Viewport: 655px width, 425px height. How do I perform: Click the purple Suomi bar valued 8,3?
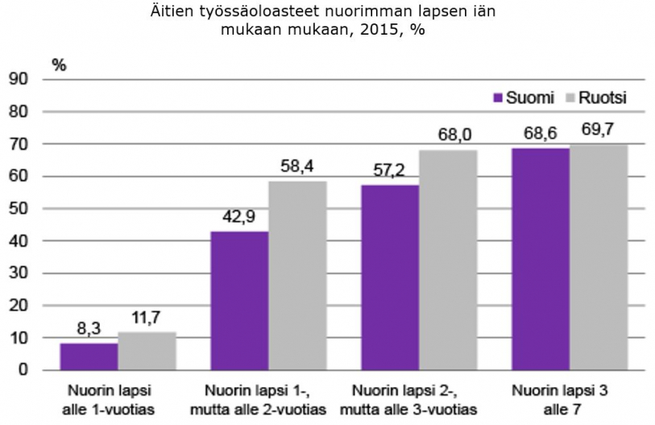click(89, 356)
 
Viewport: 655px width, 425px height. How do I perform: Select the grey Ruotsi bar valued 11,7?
click(147, 351)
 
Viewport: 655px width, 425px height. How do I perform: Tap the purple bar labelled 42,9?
click(239, 301)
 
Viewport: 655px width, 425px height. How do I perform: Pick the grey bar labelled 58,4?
click(297, 276)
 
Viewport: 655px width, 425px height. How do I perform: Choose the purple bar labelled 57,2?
click(390, 277)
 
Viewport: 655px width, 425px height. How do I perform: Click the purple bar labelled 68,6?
click(541, 259)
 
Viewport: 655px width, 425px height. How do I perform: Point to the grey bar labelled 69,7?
click(599, 257)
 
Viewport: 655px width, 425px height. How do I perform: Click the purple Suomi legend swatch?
click(498, 98)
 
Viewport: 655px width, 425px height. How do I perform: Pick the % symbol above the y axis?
click(59, 65)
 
